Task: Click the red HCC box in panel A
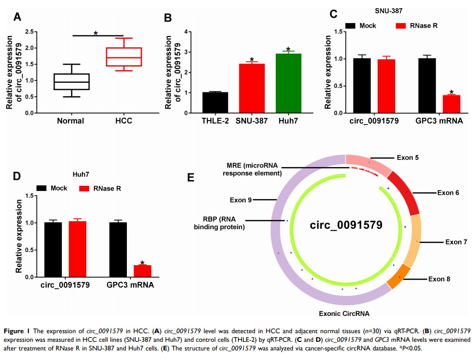pyautogui.click(x=124, y=56)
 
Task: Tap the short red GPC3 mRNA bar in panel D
pyautogui.click(x=142, y=271)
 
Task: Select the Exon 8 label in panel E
pyautogui.click(x=439, y=279)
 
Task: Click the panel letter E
pyautogui.click(x=191, y=178)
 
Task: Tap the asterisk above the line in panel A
pyautogui.click(x=96, y=34)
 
